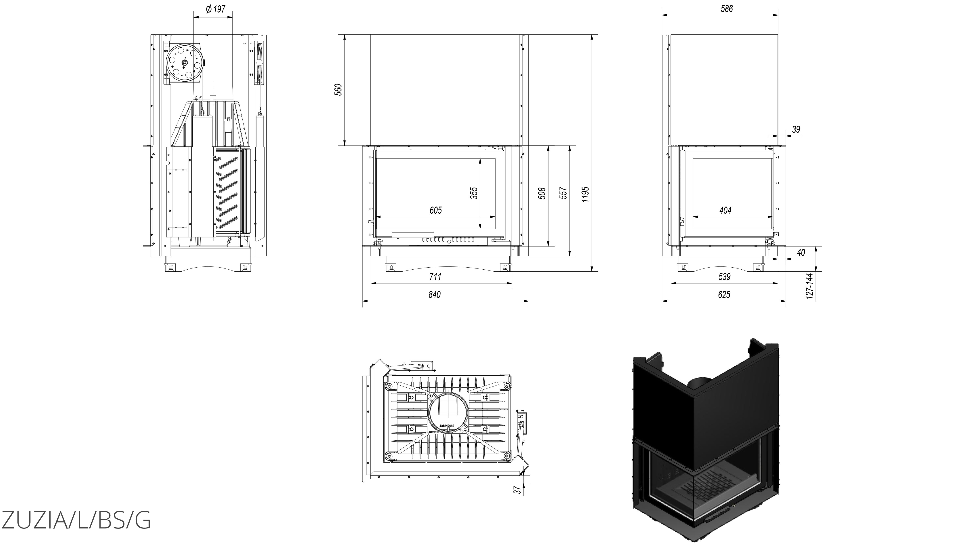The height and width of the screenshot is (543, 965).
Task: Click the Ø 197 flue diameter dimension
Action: pos(215,9)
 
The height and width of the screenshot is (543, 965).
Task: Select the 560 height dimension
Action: pos(338,90)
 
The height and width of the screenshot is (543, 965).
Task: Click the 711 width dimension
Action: pos(435,277)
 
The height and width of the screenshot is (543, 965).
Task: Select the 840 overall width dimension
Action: pos(435,295)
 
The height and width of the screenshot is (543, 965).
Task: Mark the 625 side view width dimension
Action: pos(724,295)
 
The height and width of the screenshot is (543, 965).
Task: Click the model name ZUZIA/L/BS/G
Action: pos(76,520)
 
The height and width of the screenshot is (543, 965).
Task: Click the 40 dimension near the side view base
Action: pos(801,253)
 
